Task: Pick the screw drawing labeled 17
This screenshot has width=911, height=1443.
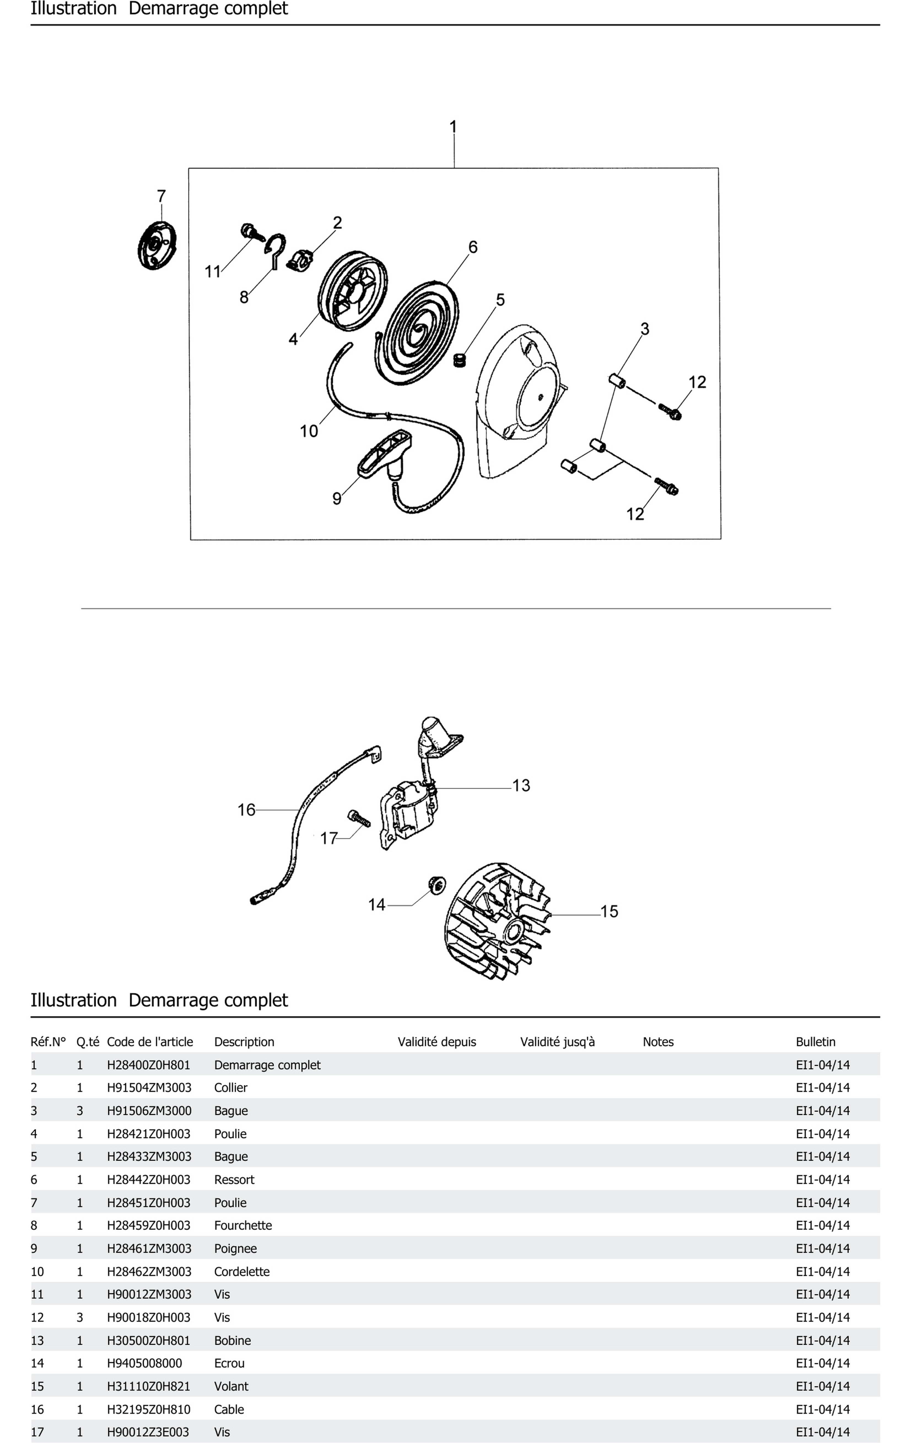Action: pyautogui.click(x=358, y=818)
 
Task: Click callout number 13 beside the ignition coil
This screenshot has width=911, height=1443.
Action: pyautogui.click(x=521, y=785)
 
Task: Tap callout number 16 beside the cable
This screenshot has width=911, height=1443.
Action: pyautogui.click(x=246, y=810)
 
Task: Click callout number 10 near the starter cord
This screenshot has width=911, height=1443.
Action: pyautogui.click(x=309, y=431)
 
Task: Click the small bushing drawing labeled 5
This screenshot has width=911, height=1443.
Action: pyautogui.click(x=460, y=361)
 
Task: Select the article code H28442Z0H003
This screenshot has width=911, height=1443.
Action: pyautogui.click(x=149, y=1179)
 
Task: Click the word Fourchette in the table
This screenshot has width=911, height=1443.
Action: pyautogui.click(x=243, y=1226)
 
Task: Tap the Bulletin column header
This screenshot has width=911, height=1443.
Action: pyautogui.click(x=815, y=1041)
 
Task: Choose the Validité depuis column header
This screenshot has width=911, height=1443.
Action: pyautogui.click(x=436, y=1041)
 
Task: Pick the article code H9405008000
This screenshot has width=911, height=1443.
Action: pyautogui.click(x=144, y=1363)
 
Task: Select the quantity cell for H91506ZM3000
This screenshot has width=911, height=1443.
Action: pyautogui.click(x=80, y=1110)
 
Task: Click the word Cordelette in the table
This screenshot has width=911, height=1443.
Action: pyautogui.click(x=242, y=1272)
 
